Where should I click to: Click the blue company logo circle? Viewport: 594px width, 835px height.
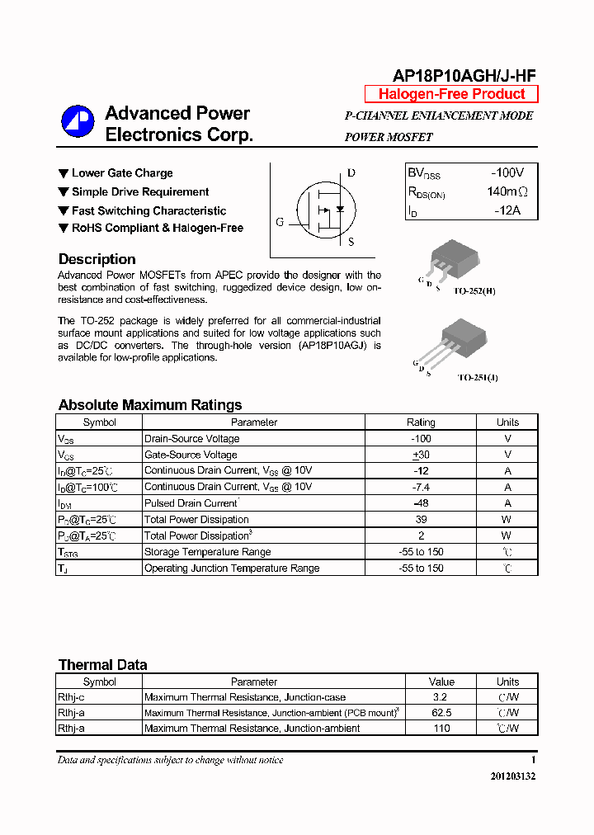point(78,121)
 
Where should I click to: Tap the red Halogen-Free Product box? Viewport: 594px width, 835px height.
point(451,94)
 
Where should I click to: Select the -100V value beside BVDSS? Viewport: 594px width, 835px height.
point(507,173)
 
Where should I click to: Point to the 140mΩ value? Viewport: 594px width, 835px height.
point(507,192)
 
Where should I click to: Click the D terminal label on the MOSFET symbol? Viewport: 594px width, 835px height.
point(351,173)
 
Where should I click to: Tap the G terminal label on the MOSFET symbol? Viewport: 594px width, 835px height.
point(280,222)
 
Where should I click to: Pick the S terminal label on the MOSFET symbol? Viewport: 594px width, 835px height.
point(351,242)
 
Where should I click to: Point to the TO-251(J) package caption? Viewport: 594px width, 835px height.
point(478,377)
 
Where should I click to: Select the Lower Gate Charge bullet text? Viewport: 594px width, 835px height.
point(122,173)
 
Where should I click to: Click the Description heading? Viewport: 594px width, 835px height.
point(97,259)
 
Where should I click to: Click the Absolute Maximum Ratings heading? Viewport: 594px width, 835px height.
point(150,405)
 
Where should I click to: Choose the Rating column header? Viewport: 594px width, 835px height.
point(421,422)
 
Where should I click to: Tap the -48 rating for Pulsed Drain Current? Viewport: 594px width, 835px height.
point(421,503)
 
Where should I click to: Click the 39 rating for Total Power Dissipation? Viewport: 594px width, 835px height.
point(421,520)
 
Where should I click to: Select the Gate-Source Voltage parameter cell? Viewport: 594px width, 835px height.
point(191,455)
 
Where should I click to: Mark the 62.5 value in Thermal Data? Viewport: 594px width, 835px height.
point(441,713)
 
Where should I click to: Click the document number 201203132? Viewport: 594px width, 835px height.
point(512,776)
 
